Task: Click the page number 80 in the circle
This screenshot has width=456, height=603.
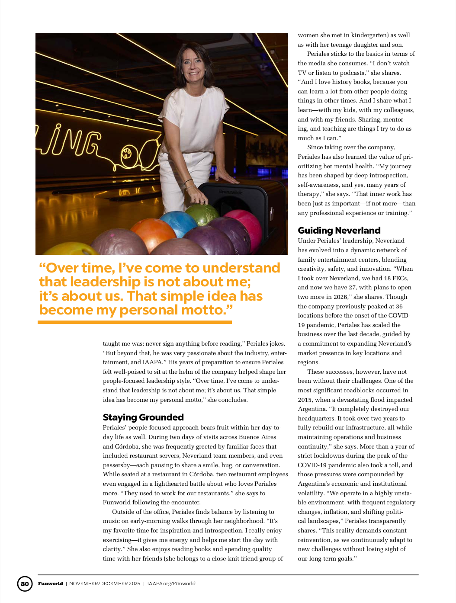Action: pyautogui.click(x=25, y=584)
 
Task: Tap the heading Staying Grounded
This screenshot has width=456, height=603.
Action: pyautogui.click(x=143, y=417)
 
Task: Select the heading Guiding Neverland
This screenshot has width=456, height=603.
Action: pyautogui.click(x=339, y=230)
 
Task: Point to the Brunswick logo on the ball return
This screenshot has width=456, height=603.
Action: pyautogui.click(x=230, y=191)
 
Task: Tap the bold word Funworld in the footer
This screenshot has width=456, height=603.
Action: pyautogui.click(x=51, y=584)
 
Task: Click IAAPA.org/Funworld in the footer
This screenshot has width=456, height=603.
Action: pyautogui.click(x=171, y=584)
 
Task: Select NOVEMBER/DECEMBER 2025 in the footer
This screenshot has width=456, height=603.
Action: pyautogui.click(x=105, y=584)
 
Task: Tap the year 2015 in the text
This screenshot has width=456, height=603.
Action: pyautogui.click(x=305, y=400)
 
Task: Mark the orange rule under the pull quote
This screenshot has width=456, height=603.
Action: pyautogui.click(x=135, y=322)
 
